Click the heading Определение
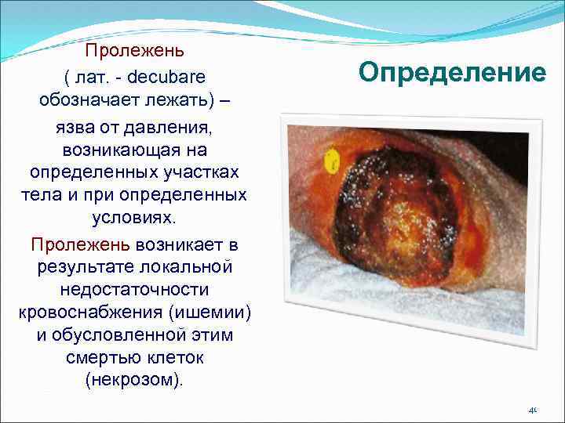(x=452, y=73)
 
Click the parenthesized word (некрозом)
(x=135, y=381)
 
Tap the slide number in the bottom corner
(x=531, y=409)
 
